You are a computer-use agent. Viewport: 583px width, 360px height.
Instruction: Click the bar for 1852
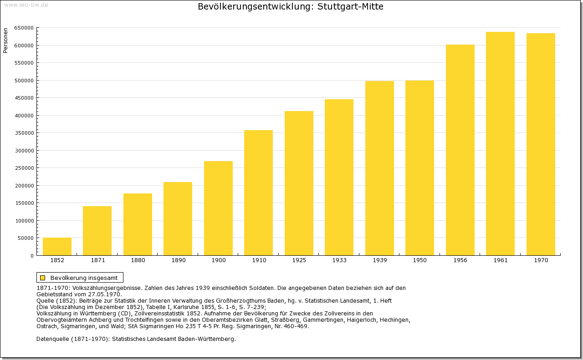[x=57, y=246]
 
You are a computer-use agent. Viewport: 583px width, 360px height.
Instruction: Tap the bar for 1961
[x=500, y=143]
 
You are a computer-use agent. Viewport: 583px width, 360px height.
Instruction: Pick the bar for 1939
[x=379, y=168]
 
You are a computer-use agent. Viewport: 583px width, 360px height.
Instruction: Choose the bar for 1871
[x=97, y=231]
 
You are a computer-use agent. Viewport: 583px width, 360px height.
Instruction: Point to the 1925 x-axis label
[x=299, y=260]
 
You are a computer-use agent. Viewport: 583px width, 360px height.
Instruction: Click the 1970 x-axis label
[x=541, y=260]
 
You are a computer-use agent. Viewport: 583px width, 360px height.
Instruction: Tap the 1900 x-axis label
[x=218, y=260]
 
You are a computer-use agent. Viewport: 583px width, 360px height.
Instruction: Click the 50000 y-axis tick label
[x=26, y=238]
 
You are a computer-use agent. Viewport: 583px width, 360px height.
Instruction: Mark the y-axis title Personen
[x=5, y=41]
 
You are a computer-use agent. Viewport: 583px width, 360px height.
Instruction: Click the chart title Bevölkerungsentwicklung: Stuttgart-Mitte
[x=290, y=7]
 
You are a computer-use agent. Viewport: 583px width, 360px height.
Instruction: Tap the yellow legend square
[x=42, y=278]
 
